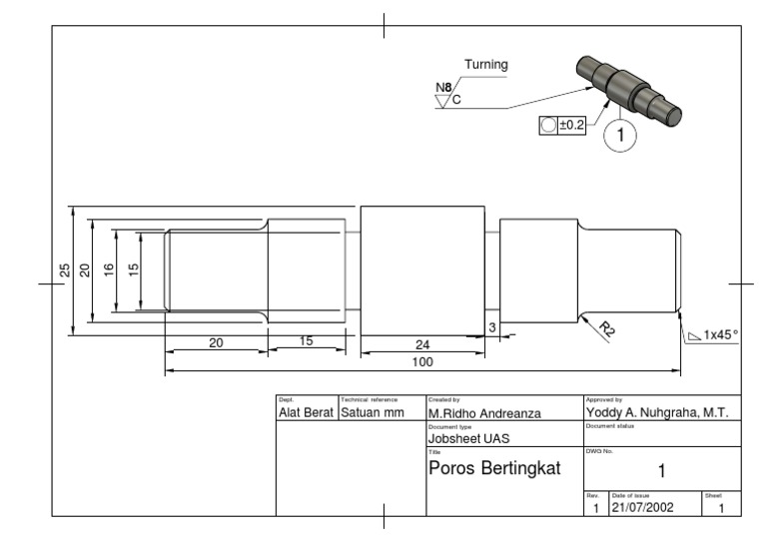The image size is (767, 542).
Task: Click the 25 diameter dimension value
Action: coord(64,271)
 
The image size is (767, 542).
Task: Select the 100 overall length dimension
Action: coord(422,360)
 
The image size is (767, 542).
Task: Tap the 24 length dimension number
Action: coord(422,344)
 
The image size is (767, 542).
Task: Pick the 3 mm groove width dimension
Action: coord(492,326)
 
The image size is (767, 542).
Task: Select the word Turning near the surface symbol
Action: coord(485,65)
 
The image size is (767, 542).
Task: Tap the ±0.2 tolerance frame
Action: coord(562,125)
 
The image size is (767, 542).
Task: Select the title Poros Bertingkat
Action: coord(494,469)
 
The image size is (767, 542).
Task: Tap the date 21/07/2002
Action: coord(644,507)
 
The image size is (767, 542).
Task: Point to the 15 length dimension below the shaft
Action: coord(307,340)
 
